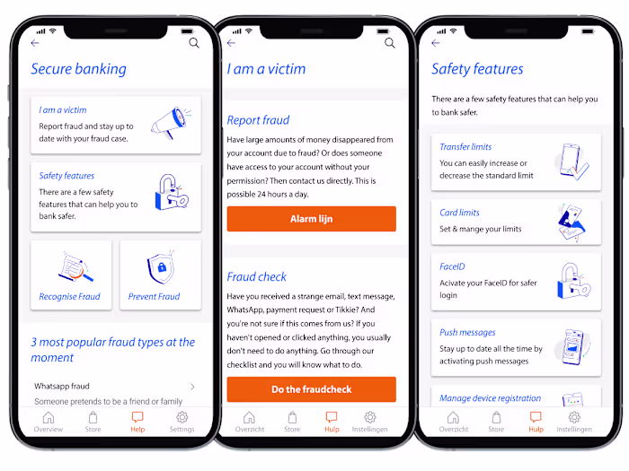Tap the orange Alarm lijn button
point(311,219)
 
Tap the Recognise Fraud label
point(69,296)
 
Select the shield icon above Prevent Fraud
point(161,267)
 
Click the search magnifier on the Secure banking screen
point(194,43)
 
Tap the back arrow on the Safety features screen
point(436,43)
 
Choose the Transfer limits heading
point(465,146)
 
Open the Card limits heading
point(459,213)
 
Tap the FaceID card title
point(452,266)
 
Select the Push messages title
point(467,333)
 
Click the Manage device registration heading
point(490,398)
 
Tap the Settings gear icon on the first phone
point(182,417)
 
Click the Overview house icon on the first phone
point(49,417)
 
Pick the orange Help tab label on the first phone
point(137,430)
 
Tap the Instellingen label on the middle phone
point(370,430)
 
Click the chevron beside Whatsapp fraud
point(192,387)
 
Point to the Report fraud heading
point(258,120)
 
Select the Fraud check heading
point(257,276)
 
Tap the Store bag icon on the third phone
point(496,417)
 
